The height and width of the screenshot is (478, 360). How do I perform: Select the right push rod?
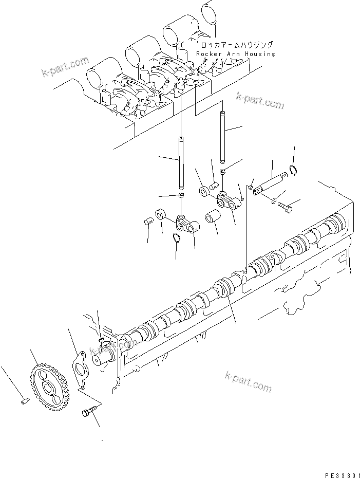[222, 135]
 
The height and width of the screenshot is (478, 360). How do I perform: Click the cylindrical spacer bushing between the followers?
[213, 220]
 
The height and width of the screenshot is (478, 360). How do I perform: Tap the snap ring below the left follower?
[176, 236]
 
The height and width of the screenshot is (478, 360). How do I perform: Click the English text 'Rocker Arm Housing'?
[236, 54]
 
